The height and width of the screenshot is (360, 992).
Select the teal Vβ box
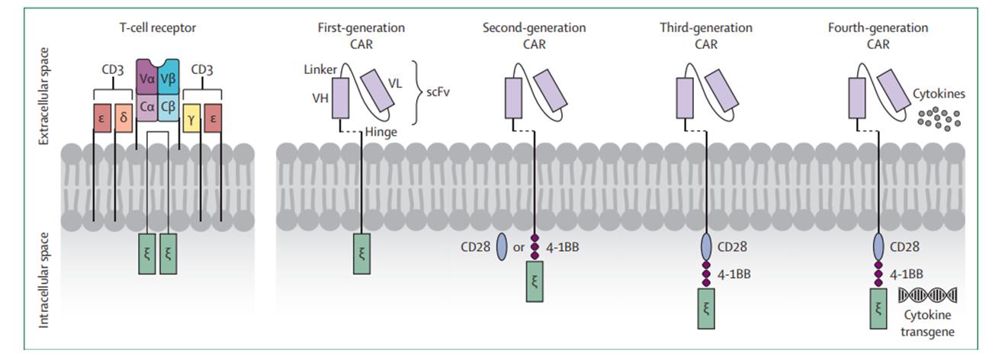coord(169,78)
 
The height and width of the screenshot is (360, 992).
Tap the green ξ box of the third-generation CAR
coord(706,313)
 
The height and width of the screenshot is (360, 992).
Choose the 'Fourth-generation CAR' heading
coord(878,34)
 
